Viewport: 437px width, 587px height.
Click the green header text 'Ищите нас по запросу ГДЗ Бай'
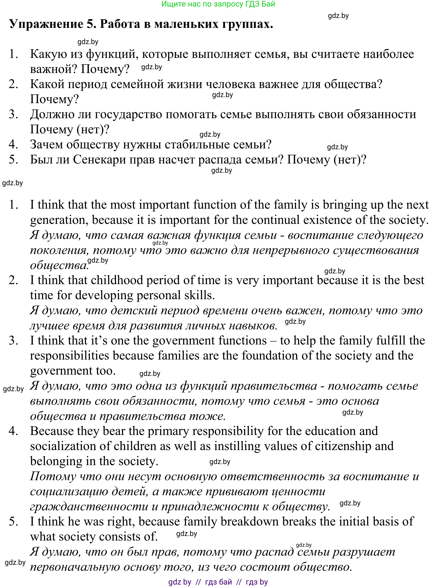pos(218,4)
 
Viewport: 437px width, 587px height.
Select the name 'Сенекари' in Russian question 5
pos(99,160)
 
